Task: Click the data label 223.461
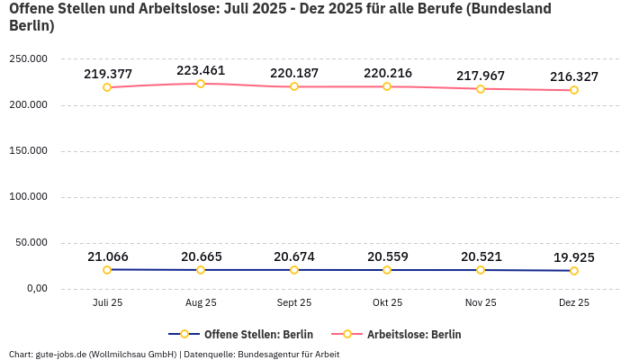point(201,70)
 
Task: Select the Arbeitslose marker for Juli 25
point(107,87)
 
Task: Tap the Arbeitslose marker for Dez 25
point(574,90)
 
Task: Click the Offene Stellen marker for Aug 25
point(201,270)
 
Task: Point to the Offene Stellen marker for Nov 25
point(481,270)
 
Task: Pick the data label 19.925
point(574,257)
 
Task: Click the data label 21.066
point(107,256)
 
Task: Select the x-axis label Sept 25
point(294,303)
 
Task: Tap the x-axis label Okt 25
point(387,303)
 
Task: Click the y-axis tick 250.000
point(29,59)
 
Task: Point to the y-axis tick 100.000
point(29,197)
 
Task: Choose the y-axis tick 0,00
point(36,289)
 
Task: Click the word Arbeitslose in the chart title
point(168,9)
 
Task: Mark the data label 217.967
point(481,76)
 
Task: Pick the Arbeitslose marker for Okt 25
point(387,86)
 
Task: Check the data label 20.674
point(294,257)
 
